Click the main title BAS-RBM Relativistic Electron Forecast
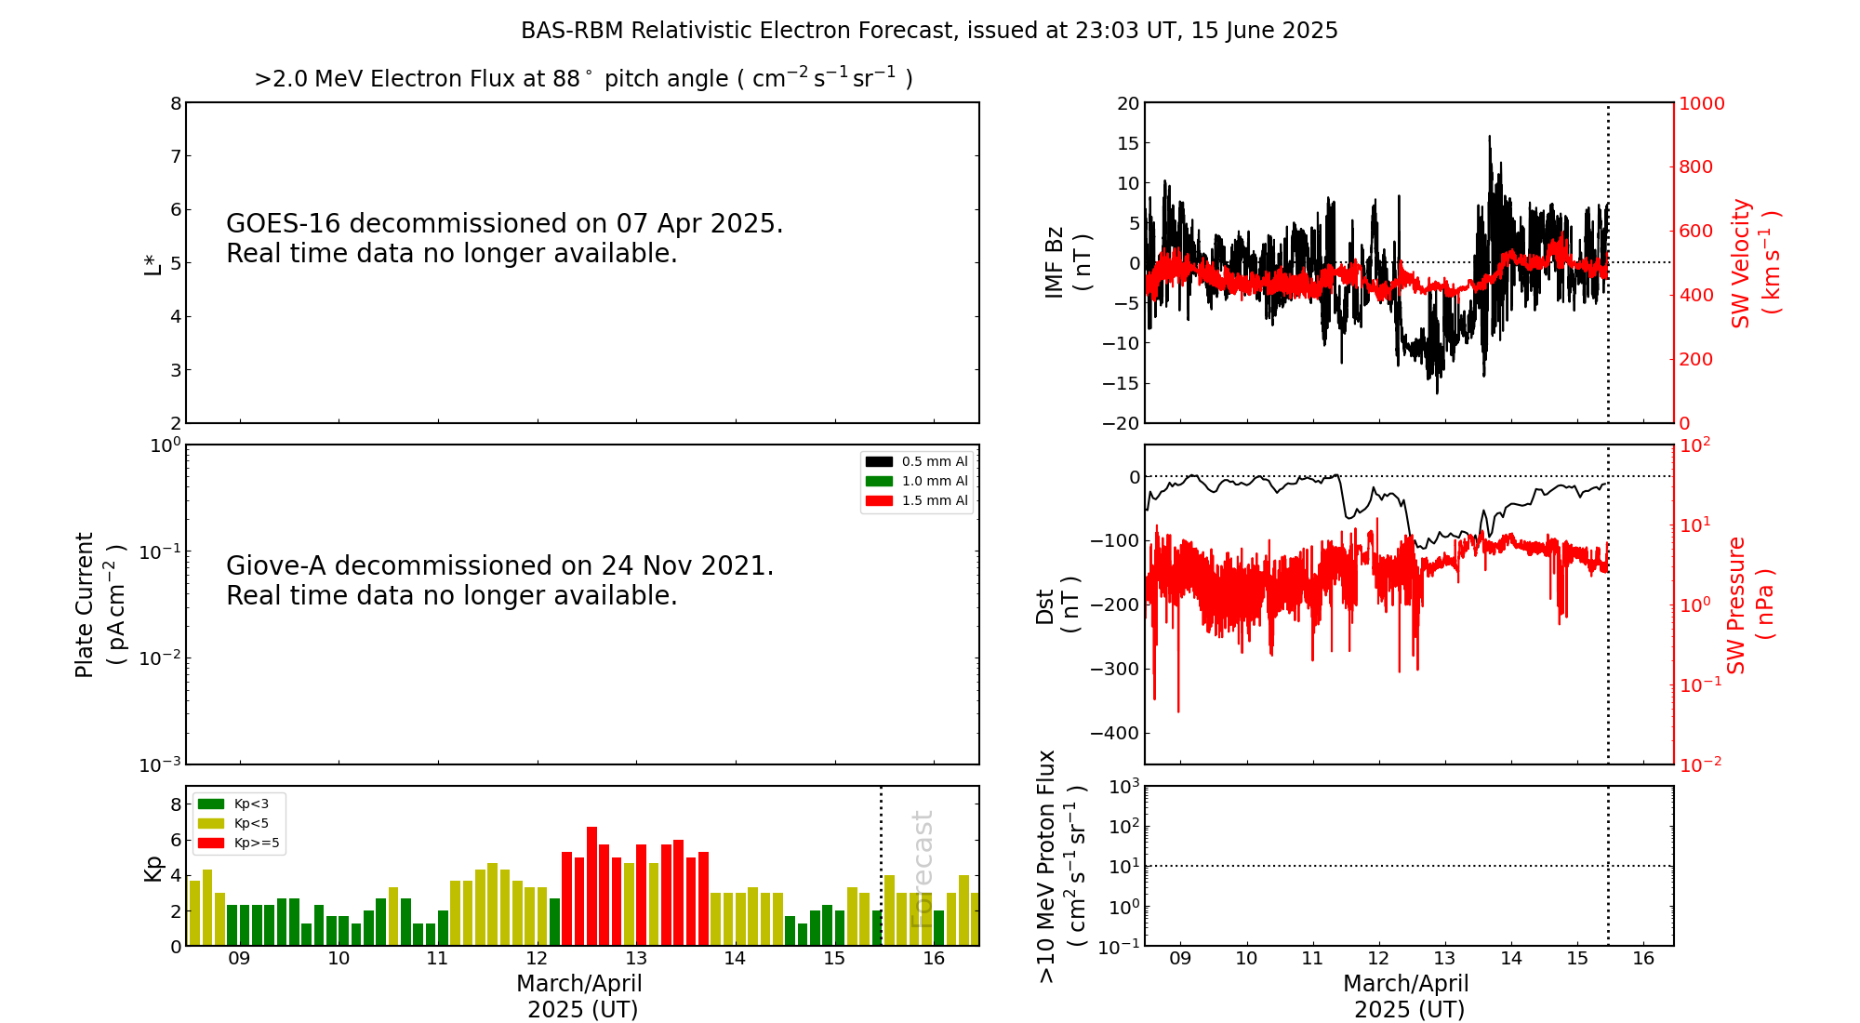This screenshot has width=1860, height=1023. pos(929,31)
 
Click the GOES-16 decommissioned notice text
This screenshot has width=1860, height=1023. pos(504,238)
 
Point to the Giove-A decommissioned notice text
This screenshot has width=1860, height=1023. pos(499,580)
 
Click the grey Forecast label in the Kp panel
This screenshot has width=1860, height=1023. pos(922,869)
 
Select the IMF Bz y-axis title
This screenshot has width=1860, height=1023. pos(1067,262)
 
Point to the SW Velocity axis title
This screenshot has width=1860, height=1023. pos(1754,263)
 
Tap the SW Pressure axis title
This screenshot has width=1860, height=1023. pos(1749,604)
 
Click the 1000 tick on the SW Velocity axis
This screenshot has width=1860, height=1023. pos(1701,103)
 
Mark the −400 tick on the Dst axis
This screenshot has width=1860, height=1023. pos(1113,733)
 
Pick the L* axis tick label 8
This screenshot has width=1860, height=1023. pos(176,103)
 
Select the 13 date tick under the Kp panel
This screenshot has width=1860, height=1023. pos(636,959)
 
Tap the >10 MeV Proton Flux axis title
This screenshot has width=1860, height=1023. pos(1061,866)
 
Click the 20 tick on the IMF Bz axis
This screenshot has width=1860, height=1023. pos(1128,103)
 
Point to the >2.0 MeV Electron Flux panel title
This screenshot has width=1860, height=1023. pos(583,78)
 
